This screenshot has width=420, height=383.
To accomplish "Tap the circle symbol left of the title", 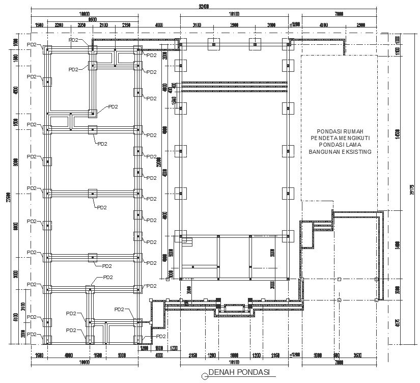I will pos(205,376).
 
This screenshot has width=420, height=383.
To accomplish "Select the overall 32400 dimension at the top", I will pos(204,7).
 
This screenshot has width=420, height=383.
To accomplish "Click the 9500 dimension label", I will pos(93,19).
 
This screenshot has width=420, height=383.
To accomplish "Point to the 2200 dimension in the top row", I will pos(59,25).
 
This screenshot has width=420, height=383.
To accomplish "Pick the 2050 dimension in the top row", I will pos(81,25).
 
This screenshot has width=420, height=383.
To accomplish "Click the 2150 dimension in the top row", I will pos(126,25).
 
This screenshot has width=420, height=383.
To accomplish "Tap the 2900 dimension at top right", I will pos(361,25).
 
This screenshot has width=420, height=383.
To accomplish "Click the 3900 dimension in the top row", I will pos(234,25).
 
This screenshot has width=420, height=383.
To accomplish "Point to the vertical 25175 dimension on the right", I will pos(411,189).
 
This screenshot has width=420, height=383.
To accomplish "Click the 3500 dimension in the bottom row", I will pos(358,355).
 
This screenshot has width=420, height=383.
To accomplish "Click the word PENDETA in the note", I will pos(323,138).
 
